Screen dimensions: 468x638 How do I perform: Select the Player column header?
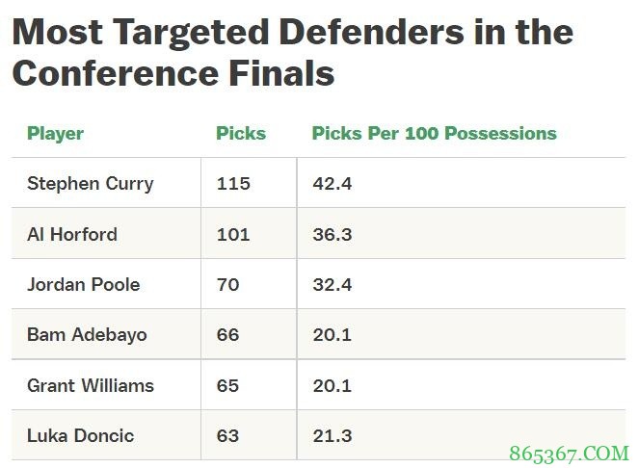click(55, 134)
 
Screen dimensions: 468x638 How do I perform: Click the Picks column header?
click(241, 134)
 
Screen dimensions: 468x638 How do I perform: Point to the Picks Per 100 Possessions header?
click(434, 134)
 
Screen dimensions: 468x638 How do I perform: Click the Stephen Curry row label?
click(90, 183)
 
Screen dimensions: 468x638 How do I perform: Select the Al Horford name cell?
click(72, 234)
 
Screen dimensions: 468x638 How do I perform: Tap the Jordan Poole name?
click(83, 284)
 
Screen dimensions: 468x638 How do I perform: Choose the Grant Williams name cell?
click(90, 385)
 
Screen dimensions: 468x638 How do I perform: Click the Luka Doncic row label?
click(80, 435)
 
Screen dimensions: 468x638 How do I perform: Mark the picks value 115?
click(232, 183)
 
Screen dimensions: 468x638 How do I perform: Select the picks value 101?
click(232, 234)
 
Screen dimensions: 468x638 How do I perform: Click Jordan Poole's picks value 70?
click(227, 284)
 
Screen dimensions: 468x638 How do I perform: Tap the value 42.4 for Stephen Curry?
click(332, 183)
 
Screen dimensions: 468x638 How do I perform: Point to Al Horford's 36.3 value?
click(332, 234)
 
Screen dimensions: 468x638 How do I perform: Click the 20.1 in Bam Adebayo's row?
click(332, 335)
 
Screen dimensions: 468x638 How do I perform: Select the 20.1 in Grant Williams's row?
click(332, 385)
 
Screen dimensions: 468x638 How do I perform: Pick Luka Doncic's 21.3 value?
click(332, 435)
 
